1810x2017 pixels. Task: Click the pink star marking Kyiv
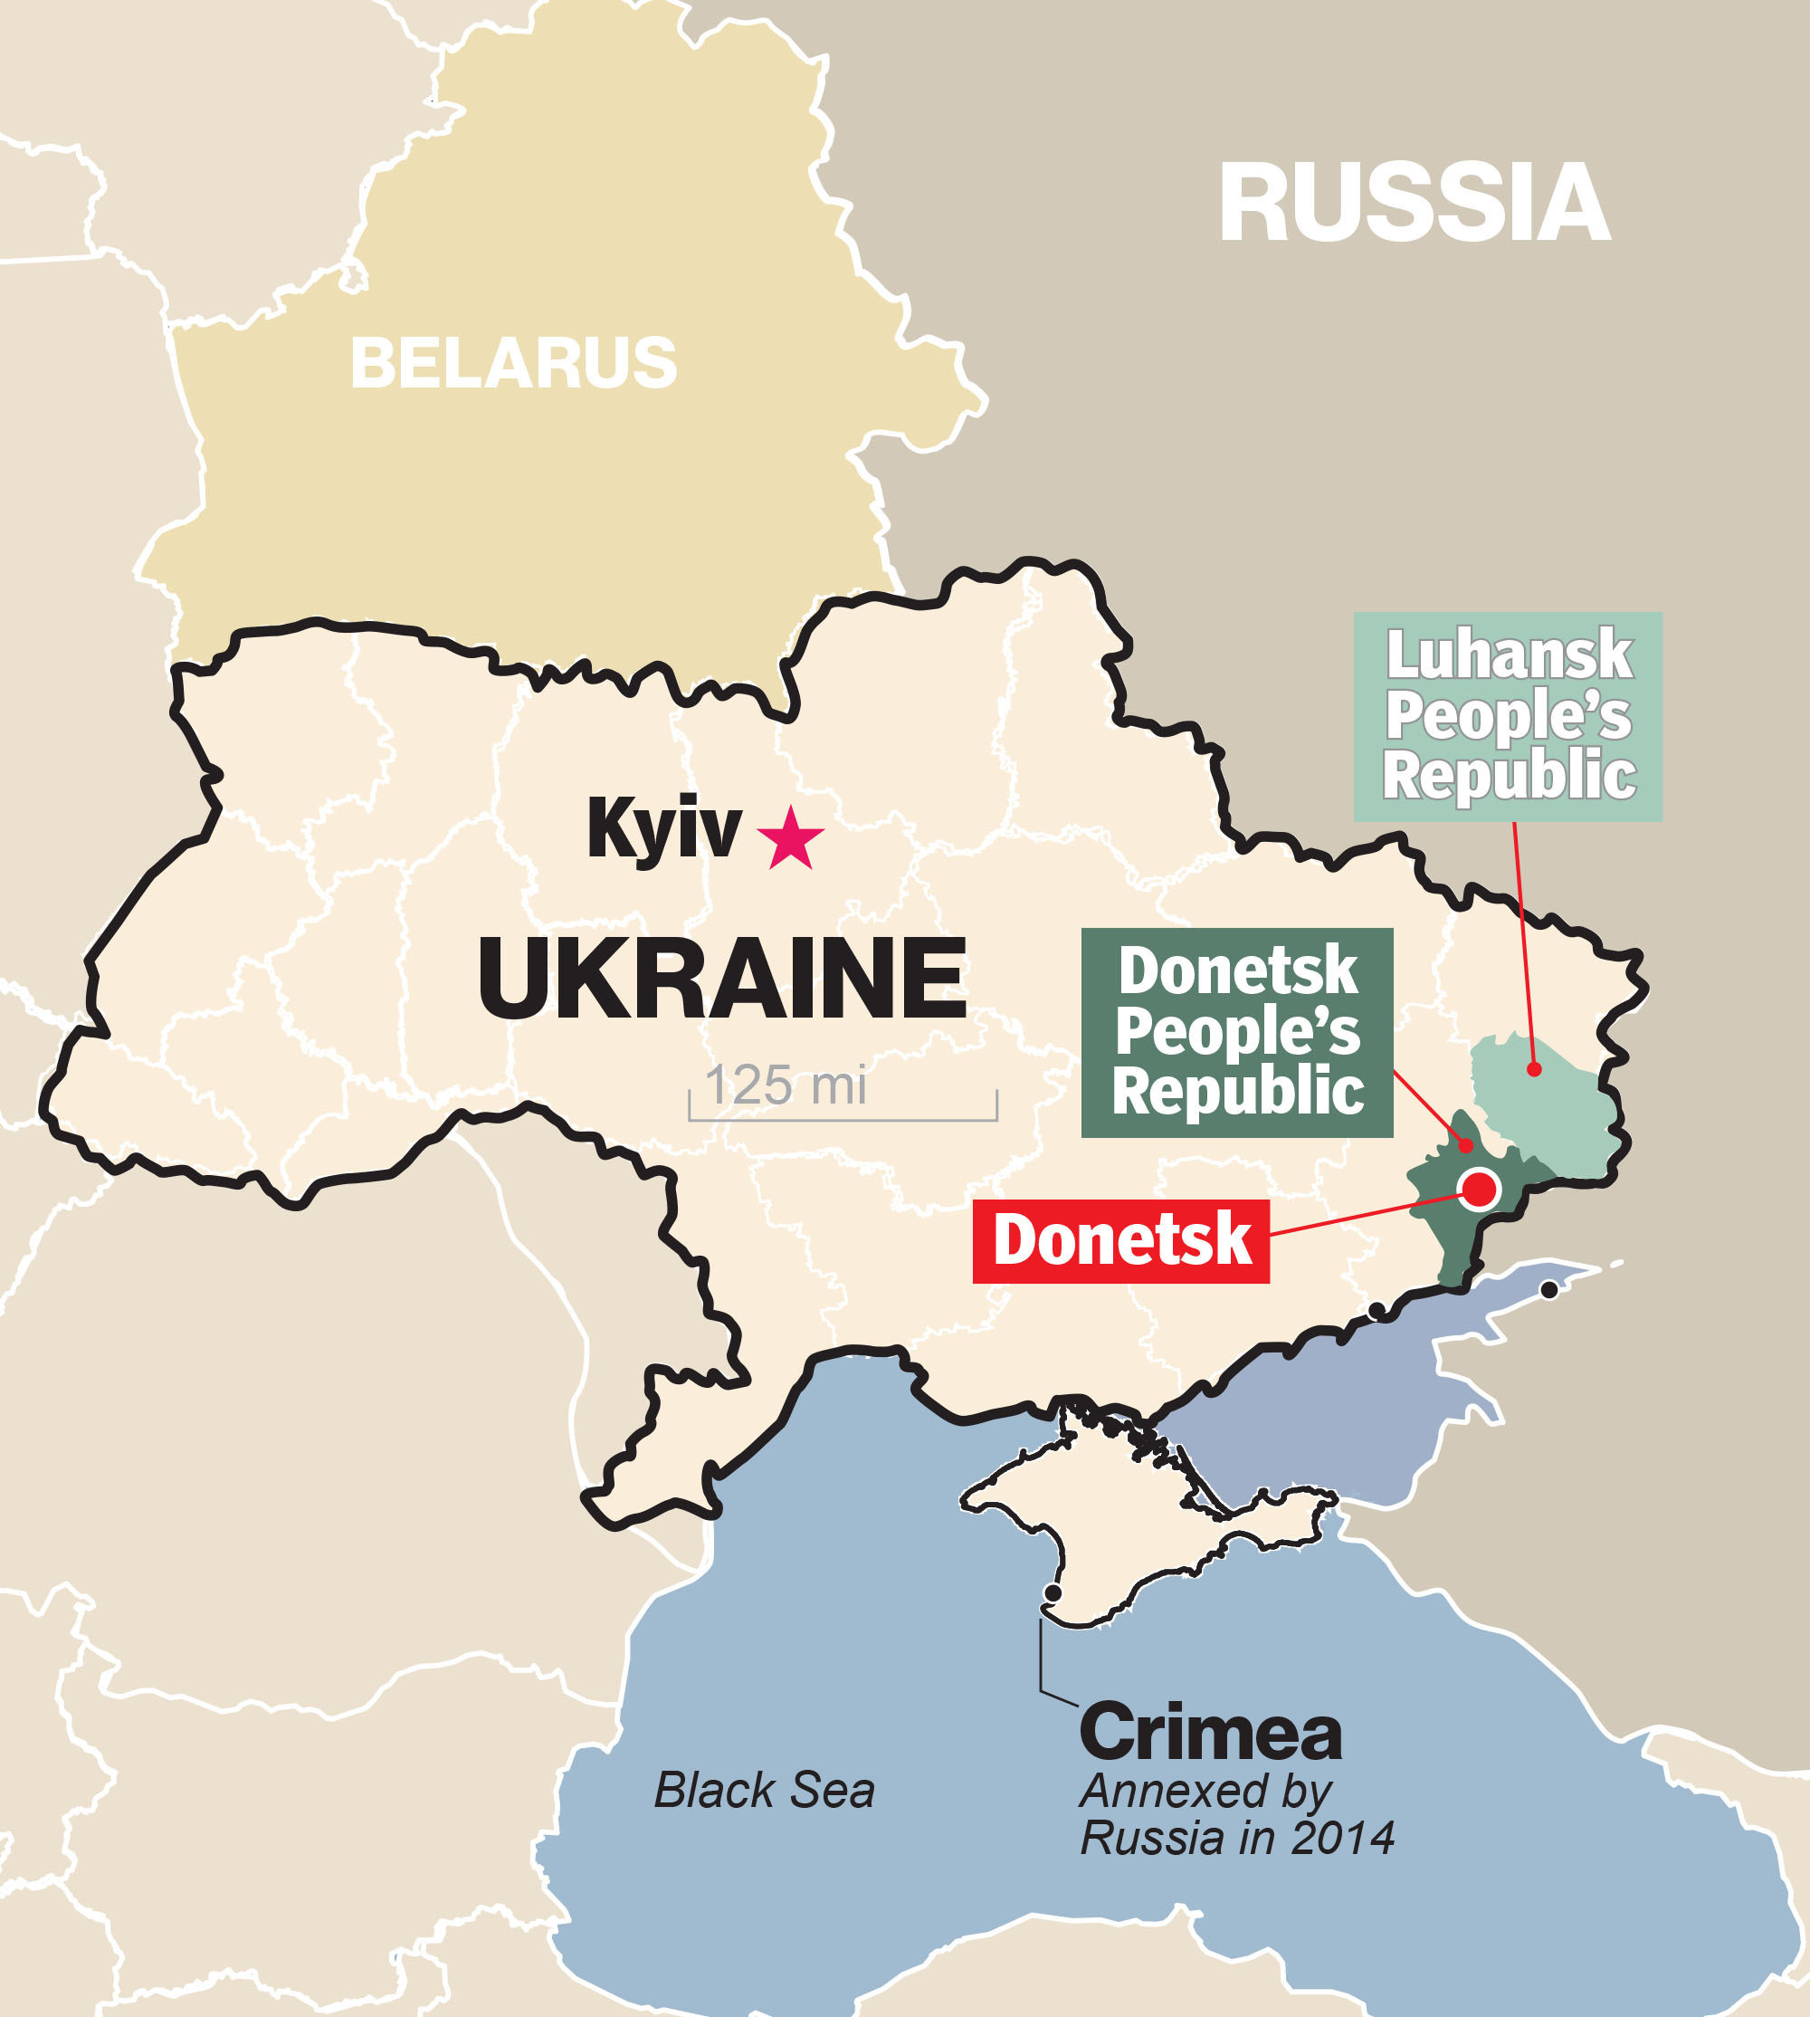coord(791,838)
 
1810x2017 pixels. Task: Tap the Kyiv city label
coord(663,827)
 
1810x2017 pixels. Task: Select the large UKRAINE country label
coord(722,979)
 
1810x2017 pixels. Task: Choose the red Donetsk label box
coord(1120,1240)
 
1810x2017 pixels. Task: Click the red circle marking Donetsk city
coord(1480,1188)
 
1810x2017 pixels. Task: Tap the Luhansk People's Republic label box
coord(1508,716)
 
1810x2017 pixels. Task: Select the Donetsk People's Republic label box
coord(1237,1031)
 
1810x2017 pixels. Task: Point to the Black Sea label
coord(764,1791)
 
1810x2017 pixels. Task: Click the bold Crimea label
coord(1210,1732)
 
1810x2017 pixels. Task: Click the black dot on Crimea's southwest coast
coord(1053,1592)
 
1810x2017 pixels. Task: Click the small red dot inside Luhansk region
coord(1535,1069)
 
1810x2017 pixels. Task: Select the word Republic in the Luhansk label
coord(1509,776)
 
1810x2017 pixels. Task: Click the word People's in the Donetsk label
coord(1237,1031)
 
